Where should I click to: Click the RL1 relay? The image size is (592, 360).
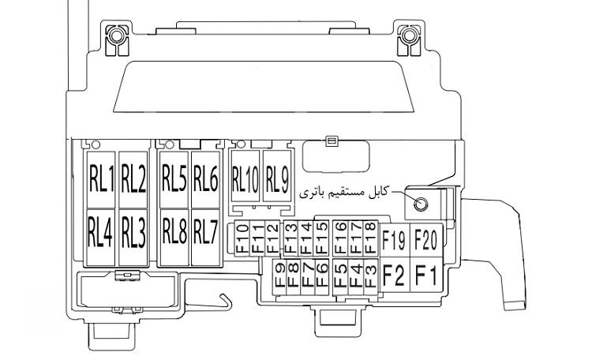tap(101, 180)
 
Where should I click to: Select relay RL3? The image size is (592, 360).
tap(133, 238)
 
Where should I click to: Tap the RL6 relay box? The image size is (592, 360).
tap(206, 180)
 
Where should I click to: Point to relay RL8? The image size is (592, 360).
tap(174, 238)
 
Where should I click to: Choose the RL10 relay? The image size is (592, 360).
tap(245, 176)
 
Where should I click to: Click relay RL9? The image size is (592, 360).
tap(277, 176)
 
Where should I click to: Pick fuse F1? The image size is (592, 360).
tap(426, 275)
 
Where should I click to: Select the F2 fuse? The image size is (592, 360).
tap(394, 275)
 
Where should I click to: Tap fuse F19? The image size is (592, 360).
tap(394, 240)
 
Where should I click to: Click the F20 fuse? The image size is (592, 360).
tap(426, 240)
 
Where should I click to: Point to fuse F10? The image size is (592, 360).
tap(242, 238)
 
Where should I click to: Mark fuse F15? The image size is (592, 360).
tap(322, 238)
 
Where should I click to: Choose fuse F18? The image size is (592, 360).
tap(371, 238)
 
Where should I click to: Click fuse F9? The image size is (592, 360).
tap(279, 276)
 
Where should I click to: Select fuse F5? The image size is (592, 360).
tap(340, 276)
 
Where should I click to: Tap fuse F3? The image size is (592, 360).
tap(371, 276)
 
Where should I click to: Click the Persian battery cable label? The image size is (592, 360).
tap(344, 193)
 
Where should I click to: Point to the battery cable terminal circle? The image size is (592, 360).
tap(420, 204)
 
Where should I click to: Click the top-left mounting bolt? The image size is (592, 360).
tap(116, 36)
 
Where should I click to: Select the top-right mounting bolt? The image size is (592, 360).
tap(409, 36)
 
